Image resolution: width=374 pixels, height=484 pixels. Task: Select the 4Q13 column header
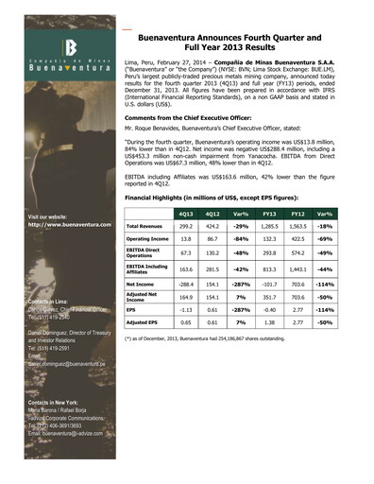186,215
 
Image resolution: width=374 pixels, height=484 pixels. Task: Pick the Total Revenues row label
148,228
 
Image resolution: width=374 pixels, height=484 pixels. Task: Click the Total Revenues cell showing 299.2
186,228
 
